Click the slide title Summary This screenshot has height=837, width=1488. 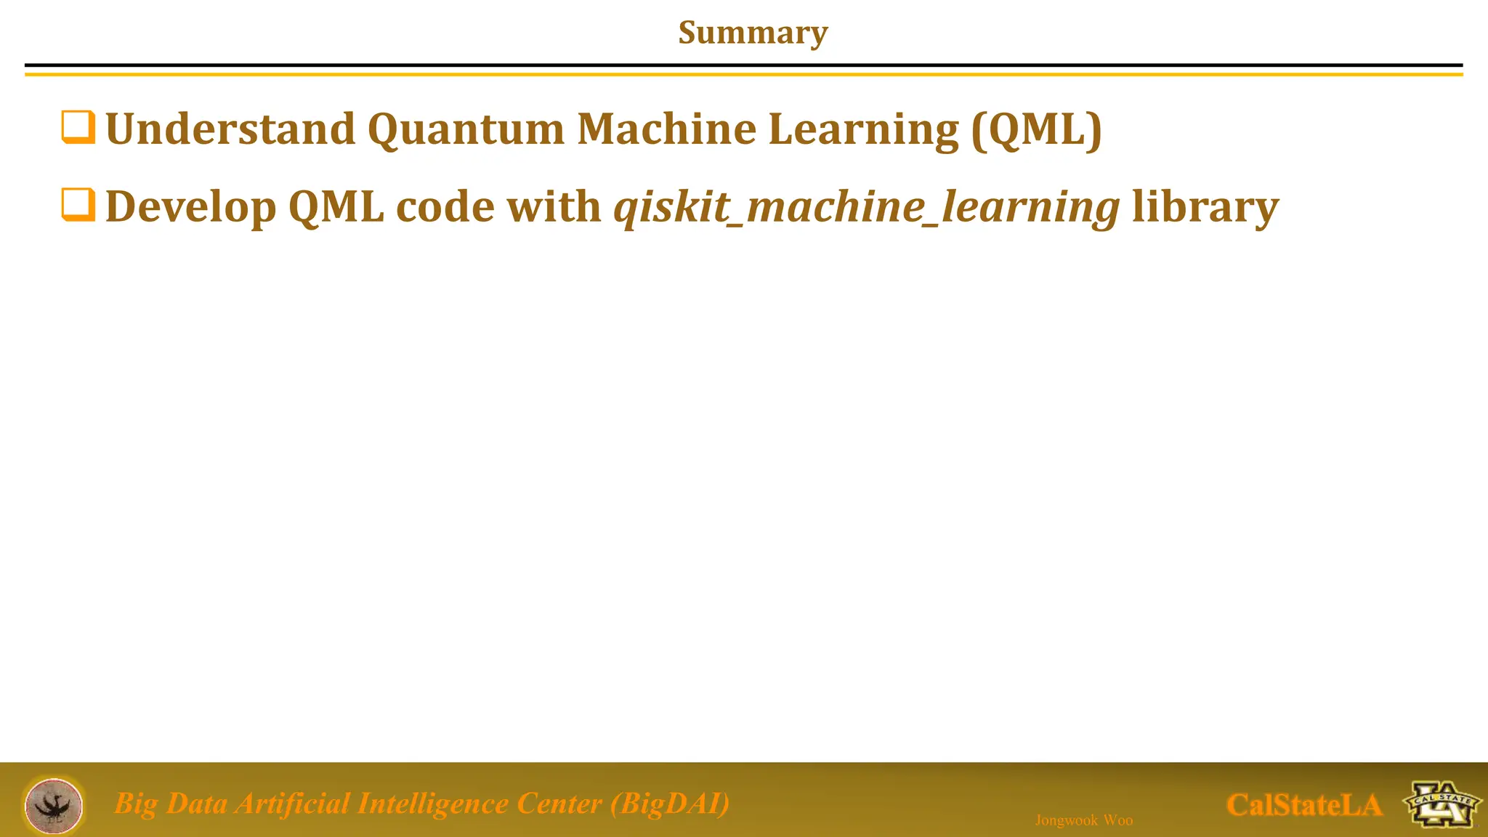point(753,33)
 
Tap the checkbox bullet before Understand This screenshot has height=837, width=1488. point(78,127)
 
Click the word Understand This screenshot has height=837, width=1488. point(230,129)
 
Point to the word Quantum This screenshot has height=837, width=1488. point(466,131)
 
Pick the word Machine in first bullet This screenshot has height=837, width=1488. point(666,129)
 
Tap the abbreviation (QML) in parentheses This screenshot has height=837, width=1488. point(1036,129)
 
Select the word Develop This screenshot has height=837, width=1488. point(190,208)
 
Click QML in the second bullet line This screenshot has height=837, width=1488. point(336,208)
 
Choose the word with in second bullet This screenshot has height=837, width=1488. point(554,207)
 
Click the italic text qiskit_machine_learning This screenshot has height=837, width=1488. point(866,208)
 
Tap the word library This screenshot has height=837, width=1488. point(1205,208)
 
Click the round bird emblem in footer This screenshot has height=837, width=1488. point(54,806)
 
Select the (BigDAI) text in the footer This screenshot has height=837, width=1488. point(670,804)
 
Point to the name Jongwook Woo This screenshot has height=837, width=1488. point(1083,820)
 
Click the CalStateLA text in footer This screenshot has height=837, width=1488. point(1303,805)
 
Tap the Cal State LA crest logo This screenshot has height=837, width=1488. point(1441,804)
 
